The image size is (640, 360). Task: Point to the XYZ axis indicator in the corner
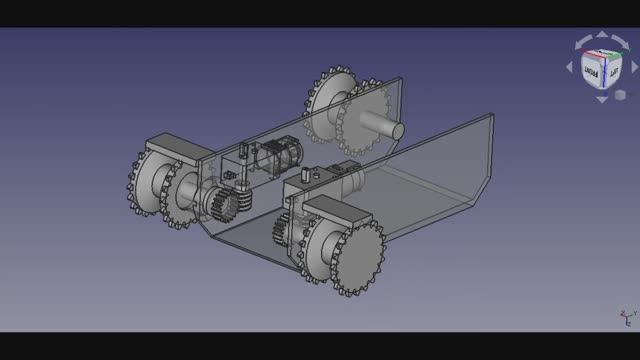(626, 319)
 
